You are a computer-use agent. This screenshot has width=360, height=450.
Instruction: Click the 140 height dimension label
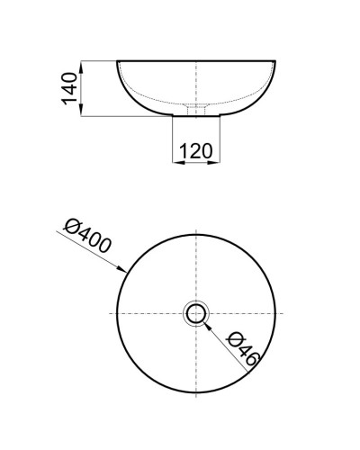[x=67, y=88]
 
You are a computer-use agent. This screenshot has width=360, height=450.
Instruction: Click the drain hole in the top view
[x=196, y=313]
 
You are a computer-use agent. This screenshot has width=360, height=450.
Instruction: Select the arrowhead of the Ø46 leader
[x=208, y=324]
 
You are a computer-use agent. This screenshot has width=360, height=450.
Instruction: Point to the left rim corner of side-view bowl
[x=118, y=62]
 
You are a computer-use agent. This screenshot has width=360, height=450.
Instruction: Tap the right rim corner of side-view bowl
[x=275, y=62]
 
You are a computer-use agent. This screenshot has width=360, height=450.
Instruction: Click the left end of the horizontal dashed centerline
[x=110, y=313]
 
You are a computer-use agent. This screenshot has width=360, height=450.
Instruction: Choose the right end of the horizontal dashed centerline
[x=283, y=313]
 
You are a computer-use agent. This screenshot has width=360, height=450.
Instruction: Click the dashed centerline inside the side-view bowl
[x=196, y=85]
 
